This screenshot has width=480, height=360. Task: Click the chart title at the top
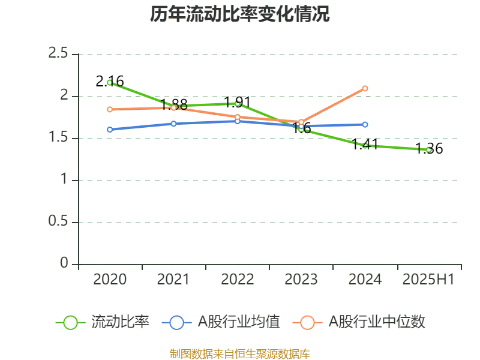239,14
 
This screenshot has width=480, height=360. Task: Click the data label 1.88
174,104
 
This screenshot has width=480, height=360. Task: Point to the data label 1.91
236,101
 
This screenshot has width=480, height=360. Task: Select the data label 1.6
302,128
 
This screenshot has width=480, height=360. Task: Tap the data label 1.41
365,145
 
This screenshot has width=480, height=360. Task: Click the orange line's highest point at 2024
365,88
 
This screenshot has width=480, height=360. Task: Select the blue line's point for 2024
365,124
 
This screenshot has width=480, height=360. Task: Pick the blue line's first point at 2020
110,129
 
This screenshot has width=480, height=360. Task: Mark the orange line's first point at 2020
110,109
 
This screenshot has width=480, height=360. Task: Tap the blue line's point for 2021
174,124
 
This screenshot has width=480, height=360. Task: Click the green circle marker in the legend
70,323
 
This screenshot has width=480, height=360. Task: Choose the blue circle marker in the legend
176,323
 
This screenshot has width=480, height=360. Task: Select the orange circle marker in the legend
307,323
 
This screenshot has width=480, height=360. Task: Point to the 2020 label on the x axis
110,280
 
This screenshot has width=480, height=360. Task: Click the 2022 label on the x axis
238,280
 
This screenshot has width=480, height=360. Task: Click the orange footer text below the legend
239,353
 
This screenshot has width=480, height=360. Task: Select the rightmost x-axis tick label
427,280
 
